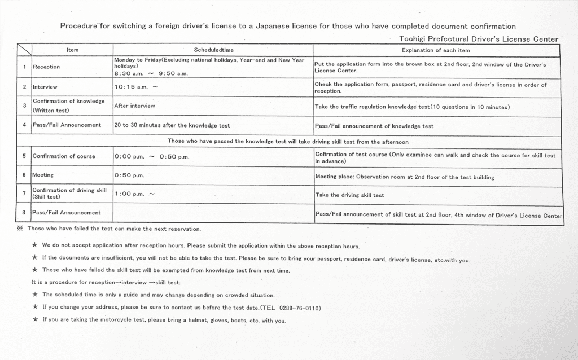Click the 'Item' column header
pos(72,50)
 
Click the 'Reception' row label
pos(46,67)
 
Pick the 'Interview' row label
pos(45,87)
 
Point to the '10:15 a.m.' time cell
pos(136,87)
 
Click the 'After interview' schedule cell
pos(134,106)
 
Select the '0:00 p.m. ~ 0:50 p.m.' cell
pos(151,156)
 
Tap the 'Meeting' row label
pos(43,175)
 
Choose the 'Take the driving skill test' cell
pos(350,195)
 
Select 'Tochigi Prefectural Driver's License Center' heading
pos(478,38)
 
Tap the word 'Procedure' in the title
pos(78,25)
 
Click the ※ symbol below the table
pos(20,229)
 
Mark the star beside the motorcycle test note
pos(34,320)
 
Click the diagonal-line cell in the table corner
pos(24,50)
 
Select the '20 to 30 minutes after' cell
pos(172,125)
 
